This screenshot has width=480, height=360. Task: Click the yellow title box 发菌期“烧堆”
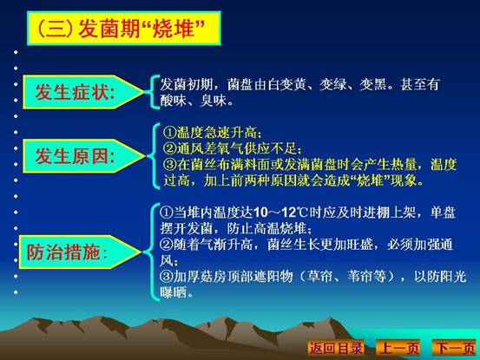coord(124,29)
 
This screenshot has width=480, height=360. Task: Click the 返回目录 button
coord(336,348)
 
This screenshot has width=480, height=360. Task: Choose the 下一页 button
coord(455,348)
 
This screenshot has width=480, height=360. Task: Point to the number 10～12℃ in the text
coord(280,213)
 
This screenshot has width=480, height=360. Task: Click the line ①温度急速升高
coord(213,133)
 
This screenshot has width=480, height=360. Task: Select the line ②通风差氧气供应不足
coord(233,148)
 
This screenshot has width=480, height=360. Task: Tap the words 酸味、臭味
coord(196,101)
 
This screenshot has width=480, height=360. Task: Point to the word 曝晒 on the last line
coord(174,292)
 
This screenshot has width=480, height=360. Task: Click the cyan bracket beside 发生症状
coord(155,92)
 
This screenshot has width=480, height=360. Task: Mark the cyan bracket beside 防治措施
coord(151,252)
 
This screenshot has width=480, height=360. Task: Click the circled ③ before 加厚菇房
coord(167,277)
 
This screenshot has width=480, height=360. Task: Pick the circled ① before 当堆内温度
coord(167,213)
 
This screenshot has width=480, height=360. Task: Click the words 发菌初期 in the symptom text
coord(187,84)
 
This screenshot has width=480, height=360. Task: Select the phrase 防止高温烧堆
coord(269,228)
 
